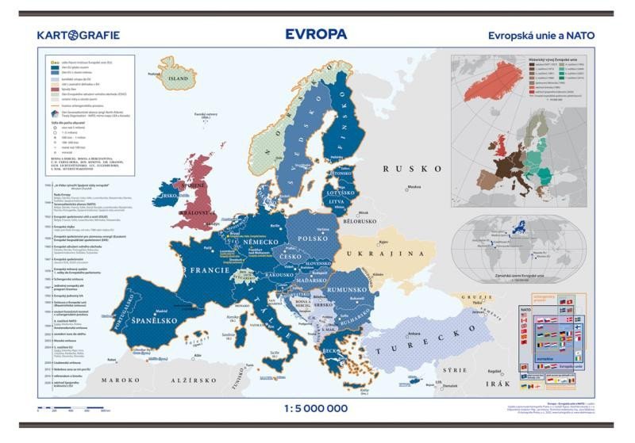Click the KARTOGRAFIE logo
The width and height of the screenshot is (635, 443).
[78, 35]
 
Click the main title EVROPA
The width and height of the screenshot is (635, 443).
[316, 34]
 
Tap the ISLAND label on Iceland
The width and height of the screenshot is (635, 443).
[178, 79]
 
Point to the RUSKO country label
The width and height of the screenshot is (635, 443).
[412, 169]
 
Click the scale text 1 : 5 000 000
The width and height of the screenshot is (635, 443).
[316, 407]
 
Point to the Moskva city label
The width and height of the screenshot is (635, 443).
[414, 188]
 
